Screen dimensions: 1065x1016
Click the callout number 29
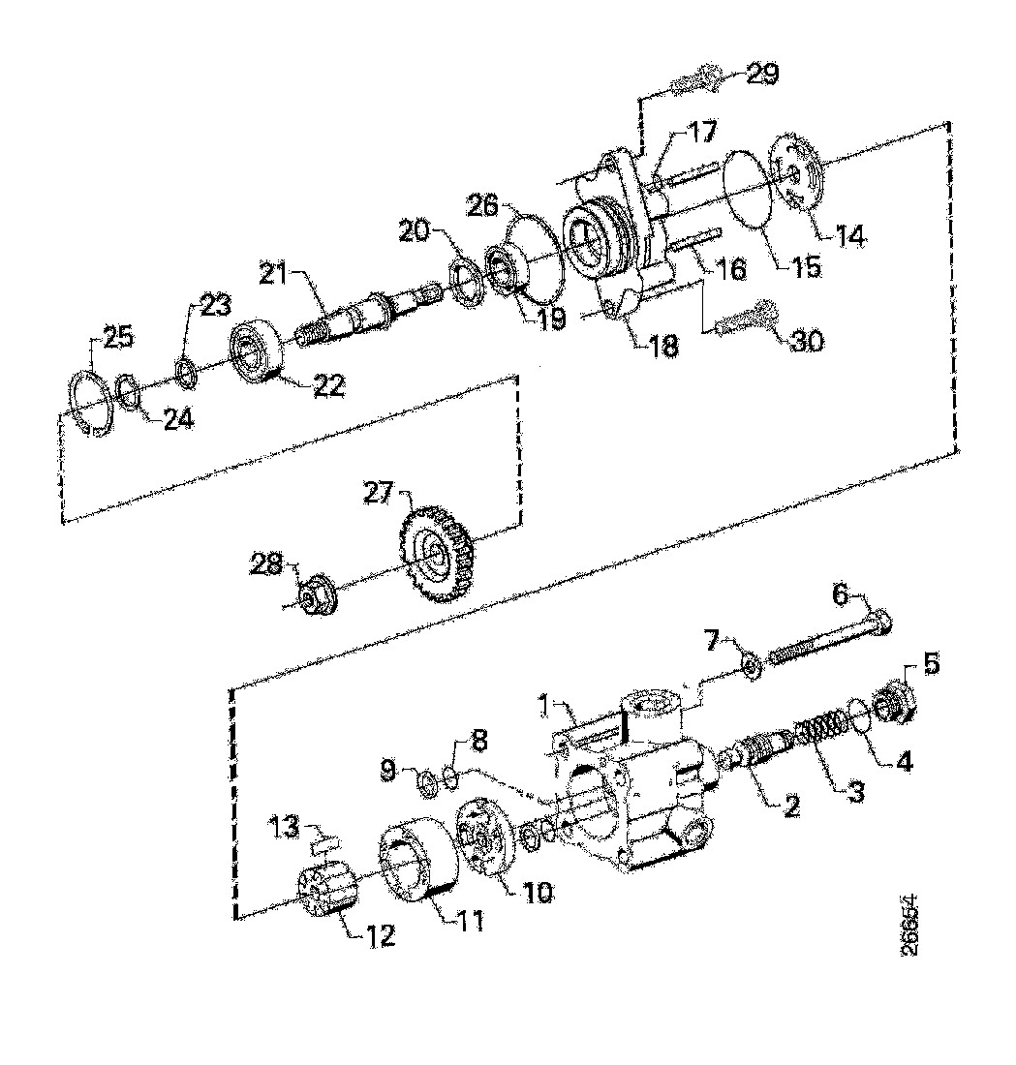[762, 76]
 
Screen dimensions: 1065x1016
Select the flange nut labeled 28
[315, 596]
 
